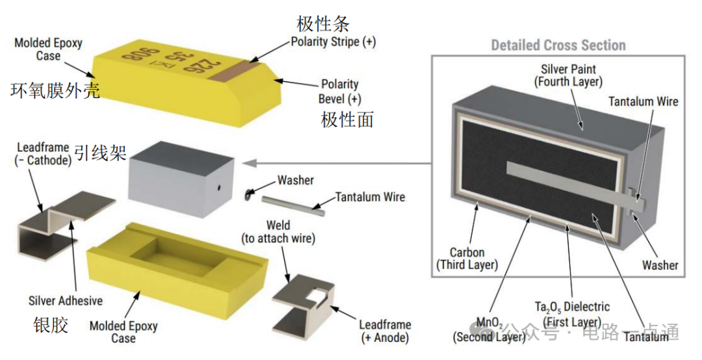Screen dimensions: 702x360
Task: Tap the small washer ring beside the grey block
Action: (248, 194)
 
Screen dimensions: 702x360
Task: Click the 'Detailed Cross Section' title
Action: (558, 45)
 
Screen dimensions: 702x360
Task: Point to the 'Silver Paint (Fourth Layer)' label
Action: (568, 75)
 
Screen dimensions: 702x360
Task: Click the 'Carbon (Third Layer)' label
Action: (467, 259)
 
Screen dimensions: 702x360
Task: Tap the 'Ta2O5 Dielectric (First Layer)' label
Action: (572, 315)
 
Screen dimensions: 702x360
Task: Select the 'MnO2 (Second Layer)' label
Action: (489, 330)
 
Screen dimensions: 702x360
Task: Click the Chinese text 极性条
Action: (323, 23)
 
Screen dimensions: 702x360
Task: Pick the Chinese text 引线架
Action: (101, 153)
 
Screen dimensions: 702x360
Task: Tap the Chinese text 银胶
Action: (51, 325)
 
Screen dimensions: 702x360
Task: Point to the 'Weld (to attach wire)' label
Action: (278, 231)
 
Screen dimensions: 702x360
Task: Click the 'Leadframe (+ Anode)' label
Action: (385, 331)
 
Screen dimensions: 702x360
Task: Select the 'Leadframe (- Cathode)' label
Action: (43, 153)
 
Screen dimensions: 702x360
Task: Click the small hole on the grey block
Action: (220, 188)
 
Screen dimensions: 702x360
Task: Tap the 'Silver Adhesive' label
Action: (66, 300)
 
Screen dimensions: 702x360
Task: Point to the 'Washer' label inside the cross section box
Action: (660, 264)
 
